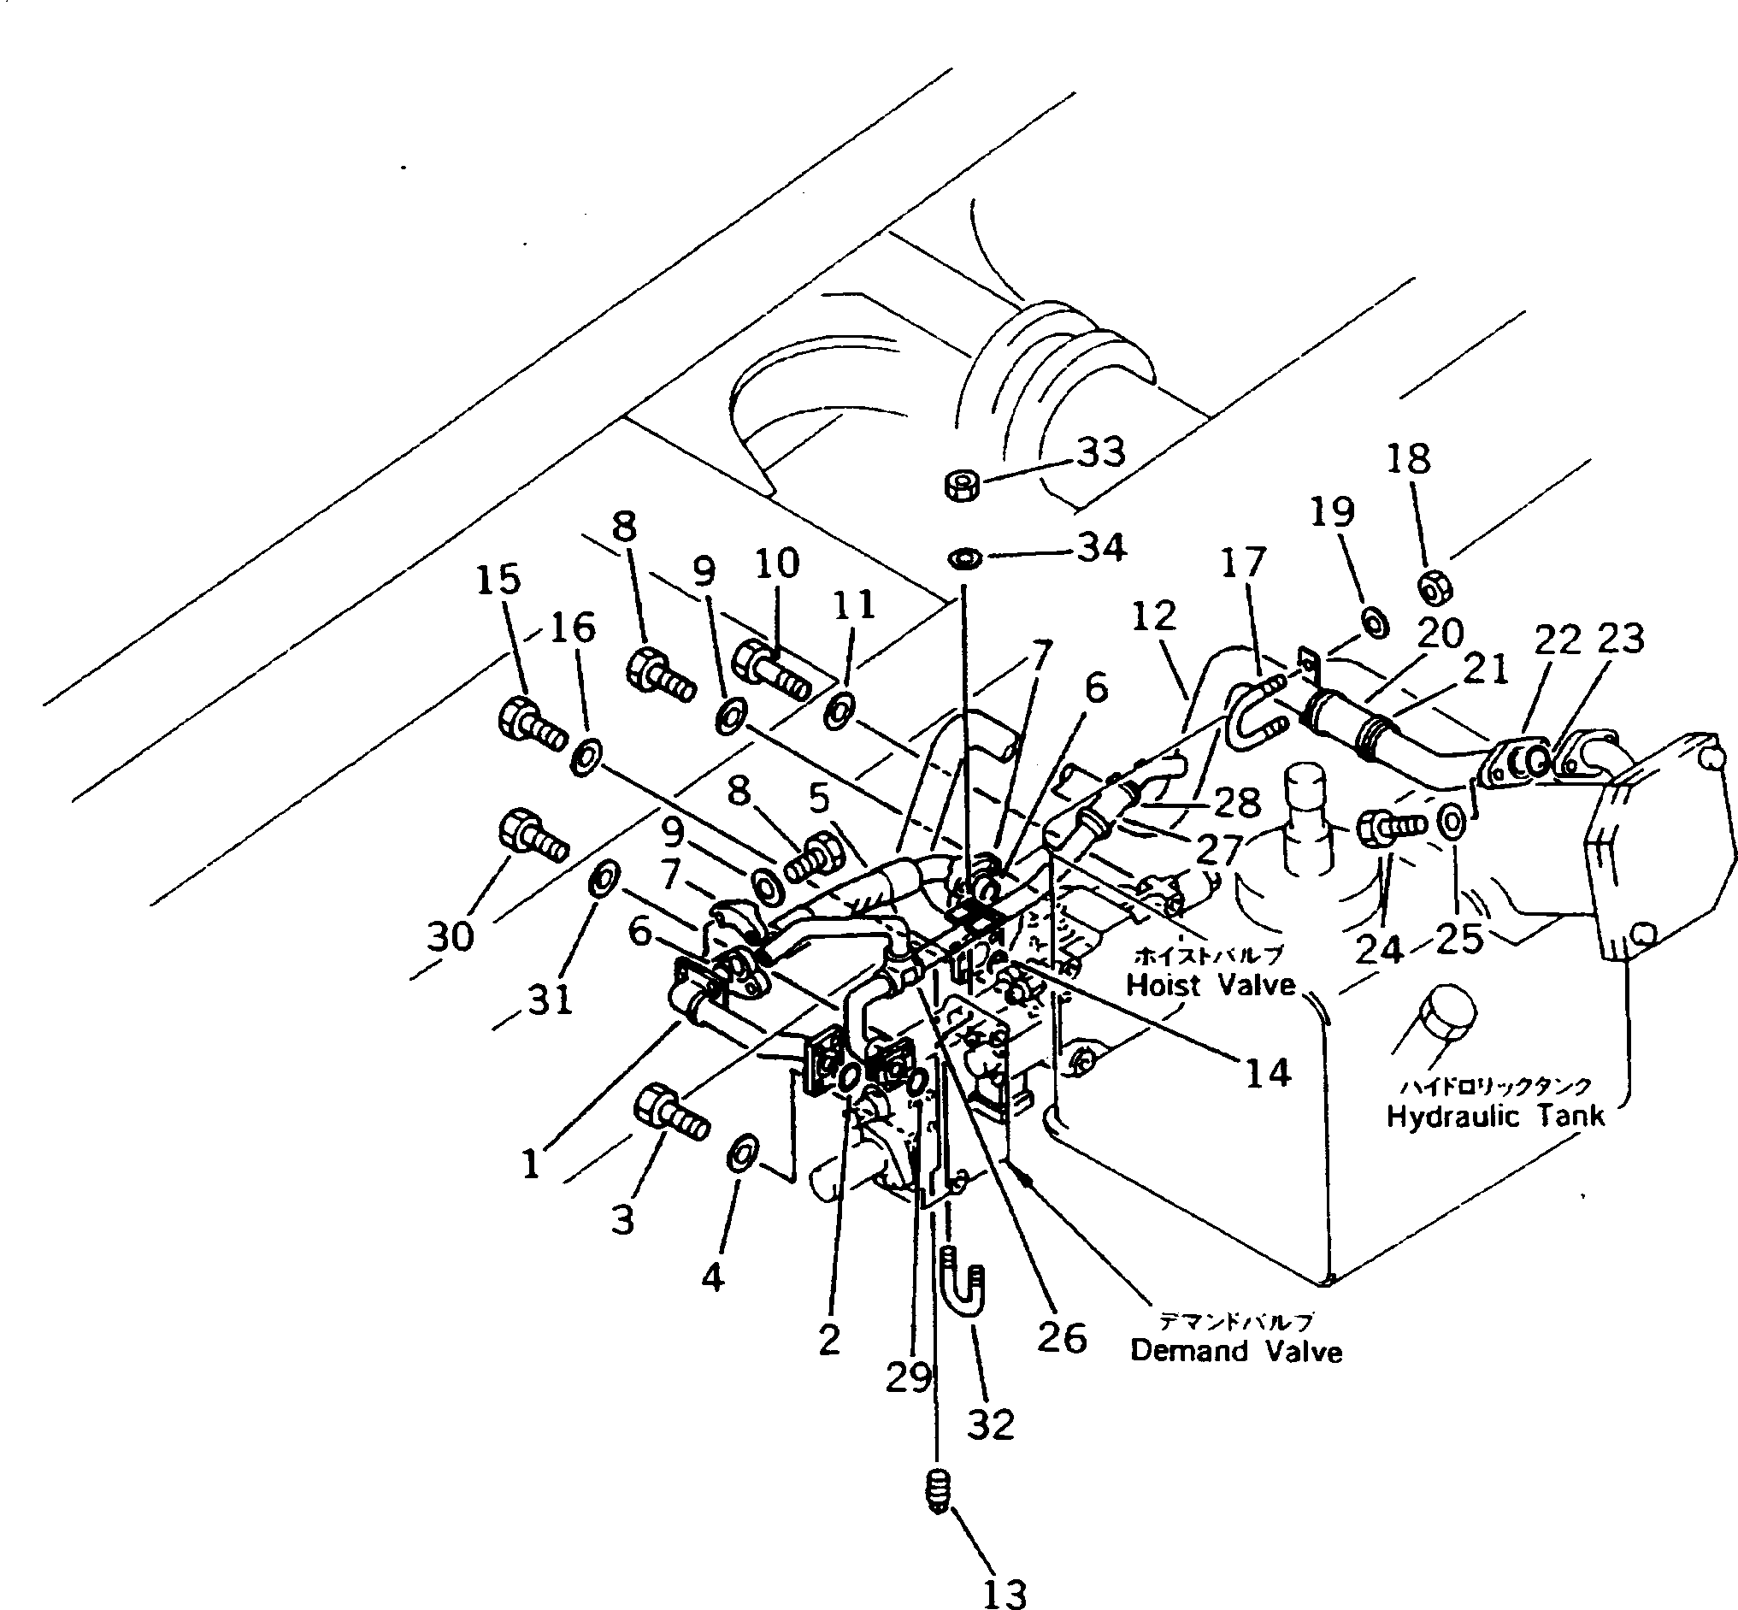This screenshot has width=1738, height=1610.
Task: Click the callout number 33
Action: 1101,452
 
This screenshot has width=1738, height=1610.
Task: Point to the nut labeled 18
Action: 1433,590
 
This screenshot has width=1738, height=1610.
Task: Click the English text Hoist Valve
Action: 1211,984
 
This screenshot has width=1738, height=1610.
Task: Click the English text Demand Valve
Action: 1235,1351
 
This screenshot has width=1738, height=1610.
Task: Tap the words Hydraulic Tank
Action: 1495,1116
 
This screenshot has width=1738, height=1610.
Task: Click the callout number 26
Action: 1061,1337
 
